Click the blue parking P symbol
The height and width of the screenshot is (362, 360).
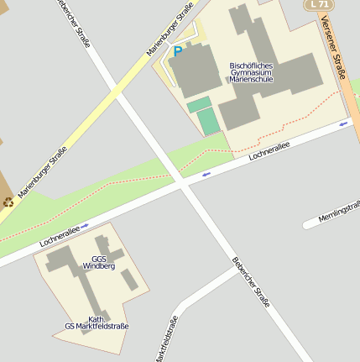click(x=177, y=51)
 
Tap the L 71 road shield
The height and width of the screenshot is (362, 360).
click(x=319, y=4)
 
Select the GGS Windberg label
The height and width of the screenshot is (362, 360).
click(x=99, y=262)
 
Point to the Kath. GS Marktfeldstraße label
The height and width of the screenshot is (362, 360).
click(x=97, y=323)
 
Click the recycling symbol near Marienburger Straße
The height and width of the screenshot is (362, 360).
click(x=8, y=202)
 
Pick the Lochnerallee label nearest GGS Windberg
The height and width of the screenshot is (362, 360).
click(x=60, y=236)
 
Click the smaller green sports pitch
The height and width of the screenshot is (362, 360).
click(x=199, y=105)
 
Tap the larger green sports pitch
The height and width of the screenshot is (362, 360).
click(x=208, y=121)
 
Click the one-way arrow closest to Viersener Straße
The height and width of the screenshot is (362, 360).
click(x=343, y=123)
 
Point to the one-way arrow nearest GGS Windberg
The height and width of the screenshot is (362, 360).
click(x=85, y=226)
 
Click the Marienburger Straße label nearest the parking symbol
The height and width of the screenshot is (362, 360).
click(x=170, y=29)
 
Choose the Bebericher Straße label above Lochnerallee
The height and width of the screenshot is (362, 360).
click(x=74, y=24)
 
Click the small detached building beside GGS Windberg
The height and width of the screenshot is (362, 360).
click(x=128, y=278)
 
